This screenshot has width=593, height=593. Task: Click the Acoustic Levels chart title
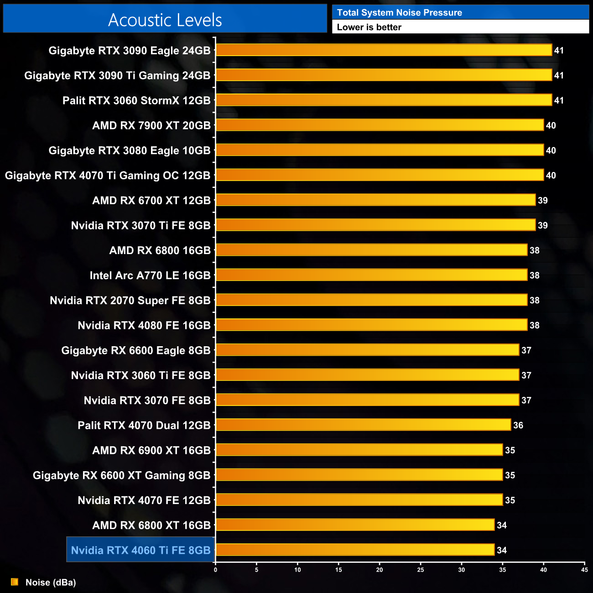click(x=165, y=20)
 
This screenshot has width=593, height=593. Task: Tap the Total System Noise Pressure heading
click(x=399, y=13)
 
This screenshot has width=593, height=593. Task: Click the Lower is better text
click(x=369, y=27)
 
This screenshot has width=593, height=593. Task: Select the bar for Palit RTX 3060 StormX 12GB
click(x=384, y=100)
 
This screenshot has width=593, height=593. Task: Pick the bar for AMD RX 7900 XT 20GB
click(x=380, y=125)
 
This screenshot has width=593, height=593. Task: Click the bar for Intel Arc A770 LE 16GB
click(x=371, y=275)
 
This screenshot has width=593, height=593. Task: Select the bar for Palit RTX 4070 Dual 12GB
click(x=363, y=425)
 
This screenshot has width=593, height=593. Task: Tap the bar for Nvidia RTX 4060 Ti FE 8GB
click(x=355, y=550)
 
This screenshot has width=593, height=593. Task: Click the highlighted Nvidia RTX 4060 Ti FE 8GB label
click(x=140, y=550)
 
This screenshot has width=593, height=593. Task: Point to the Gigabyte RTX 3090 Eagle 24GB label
click(x=130, y=51)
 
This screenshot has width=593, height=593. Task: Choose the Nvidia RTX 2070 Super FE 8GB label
click(x=130, y=301)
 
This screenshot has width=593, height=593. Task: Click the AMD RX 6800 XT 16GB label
click(x=151, y=525)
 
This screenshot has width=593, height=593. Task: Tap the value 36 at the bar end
click(x=518, y=426)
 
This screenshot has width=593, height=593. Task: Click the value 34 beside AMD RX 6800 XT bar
click(x=502, y=525)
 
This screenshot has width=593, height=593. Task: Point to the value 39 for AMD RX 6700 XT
click(x=543, y=200)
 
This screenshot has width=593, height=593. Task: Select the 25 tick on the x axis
click(x=421, y=570)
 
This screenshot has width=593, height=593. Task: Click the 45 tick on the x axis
click(x=584, y=570)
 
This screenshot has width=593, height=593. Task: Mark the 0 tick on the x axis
click(x=215, y=570)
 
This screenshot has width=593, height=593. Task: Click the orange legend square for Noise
click(x=15, y=582)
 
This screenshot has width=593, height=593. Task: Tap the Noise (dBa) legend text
click(x=51, y=583)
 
